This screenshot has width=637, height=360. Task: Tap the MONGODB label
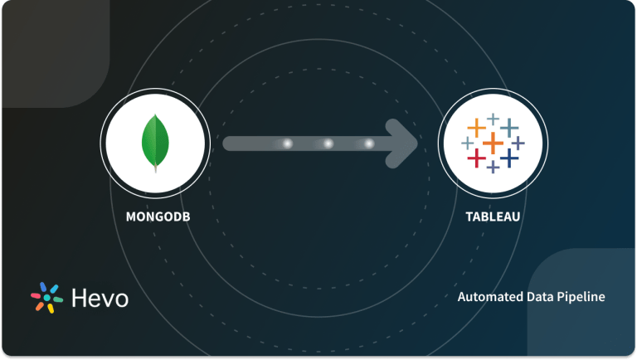pyautogui.click(x=154, y=219)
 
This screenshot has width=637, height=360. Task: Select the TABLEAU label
pyautogui.click(x=493, y=219)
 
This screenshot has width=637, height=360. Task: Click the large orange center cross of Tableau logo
pyautogui.click(x=493, y=143)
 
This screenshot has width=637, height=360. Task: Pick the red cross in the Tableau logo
pyautogui.click(x=476, y=157)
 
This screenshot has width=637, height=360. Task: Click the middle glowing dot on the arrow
pyautogui.click(x=328, y=144)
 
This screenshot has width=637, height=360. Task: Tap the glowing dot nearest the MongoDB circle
pyautogui.click(x=288, y=144)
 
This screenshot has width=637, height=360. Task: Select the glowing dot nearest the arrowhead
pyautogui.click(x=368, y=144)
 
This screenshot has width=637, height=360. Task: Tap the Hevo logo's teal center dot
pyautogui.click(x=47, y=299)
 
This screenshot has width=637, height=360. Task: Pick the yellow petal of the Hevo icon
pyautogui.click(x=50, y=309)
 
